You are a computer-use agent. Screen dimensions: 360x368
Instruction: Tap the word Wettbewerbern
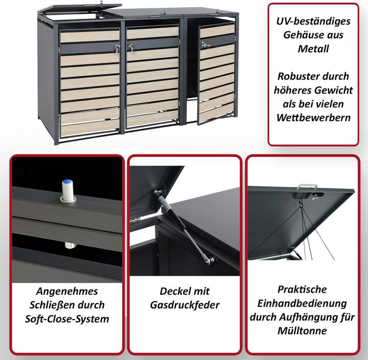314,117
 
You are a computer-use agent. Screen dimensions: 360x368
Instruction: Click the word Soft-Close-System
67,319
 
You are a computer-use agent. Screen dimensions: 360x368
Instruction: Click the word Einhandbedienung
302,303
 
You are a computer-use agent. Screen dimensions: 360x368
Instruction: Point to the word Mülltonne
302,331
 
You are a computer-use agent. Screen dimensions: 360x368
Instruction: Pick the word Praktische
302,290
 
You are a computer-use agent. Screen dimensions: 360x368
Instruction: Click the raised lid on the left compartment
77,12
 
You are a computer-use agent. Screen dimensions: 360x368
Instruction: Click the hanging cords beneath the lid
307,225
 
